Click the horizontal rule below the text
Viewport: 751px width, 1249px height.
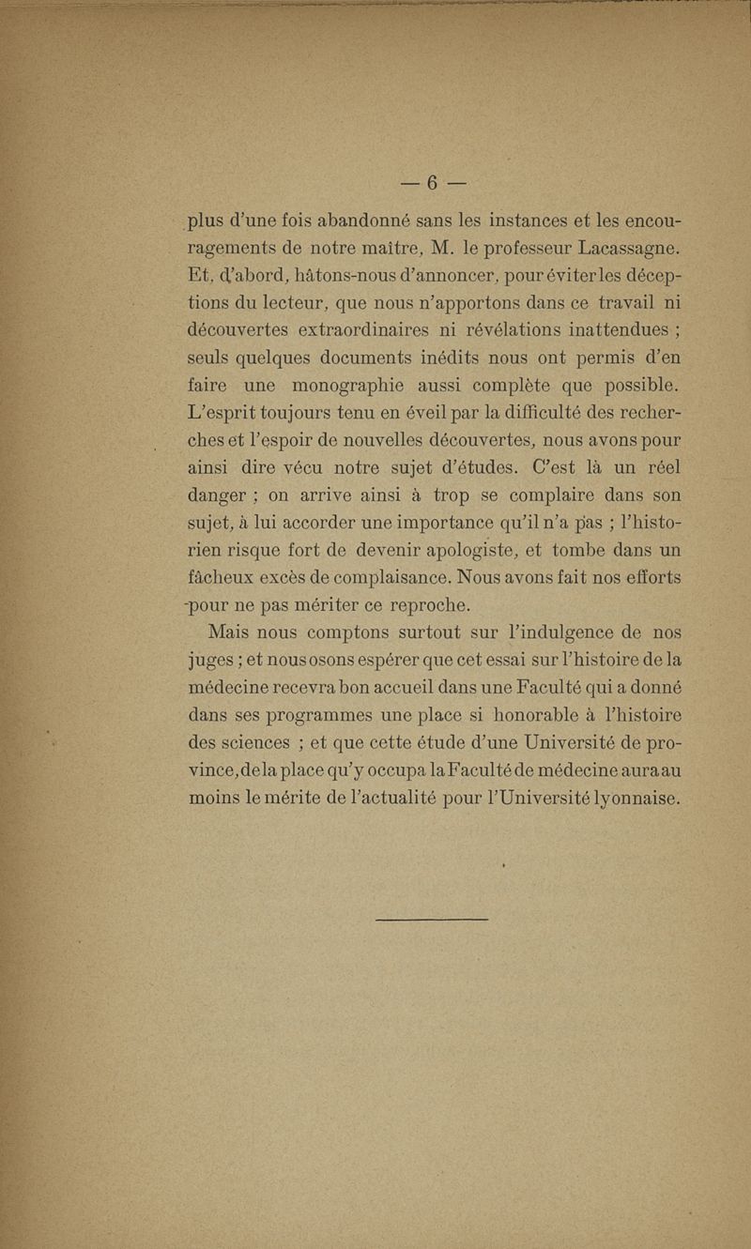pyautogui.click(x=432, y=919)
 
